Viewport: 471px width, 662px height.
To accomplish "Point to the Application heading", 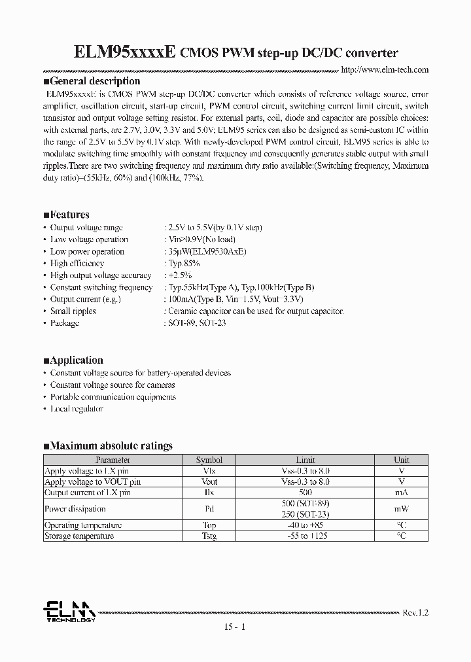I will point(73,360).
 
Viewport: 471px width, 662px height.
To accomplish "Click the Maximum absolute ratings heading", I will point(108,446).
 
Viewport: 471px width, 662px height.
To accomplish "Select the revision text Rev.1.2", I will point(415,612).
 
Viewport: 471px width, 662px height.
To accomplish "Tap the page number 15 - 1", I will point(235,627).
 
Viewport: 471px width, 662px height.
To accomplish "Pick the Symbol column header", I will point(209,460).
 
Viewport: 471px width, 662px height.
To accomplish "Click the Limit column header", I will point(305,460).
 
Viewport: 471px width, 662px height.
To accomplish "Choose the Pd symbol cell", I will point(209,508).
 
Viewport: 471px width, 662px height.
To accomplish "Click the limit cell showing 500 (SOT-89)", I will point(305,503).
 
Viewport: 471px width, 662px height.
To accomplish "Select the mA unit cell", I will point(401,493).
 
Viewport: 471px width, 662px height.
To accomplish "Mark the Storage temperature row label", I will point(79,536).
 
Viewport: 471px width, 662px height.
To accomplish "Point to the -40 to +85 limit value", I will point(305,525).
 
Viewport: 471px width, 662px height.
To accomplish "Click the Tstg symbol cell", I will point(209,536).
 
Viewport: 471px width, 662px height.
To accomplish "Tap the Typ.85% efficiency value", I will point(184,264).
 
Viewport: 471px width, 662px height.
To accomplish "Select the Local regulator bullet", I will point(77,409).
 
